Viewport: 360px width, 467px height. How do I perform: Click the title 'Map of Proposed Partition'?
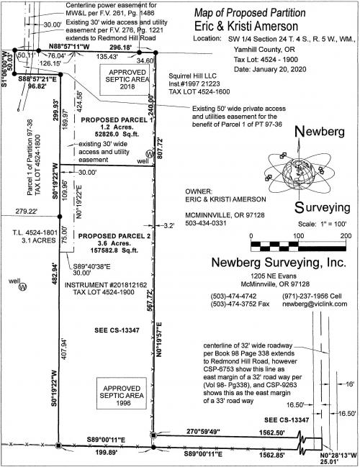[x=250, y=13]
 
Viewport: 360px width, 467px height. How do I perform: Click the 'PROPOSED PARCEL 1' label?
[x=117, y=120]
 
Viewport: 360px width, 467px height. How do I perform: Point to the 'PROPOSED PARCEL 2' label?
[x=114, y=236]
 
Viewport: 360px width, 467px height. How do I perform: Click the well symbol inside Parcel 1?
[x=149, y=154]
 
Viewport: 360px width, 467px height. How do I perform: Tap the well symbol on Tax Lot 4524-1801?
[x=22, y=286]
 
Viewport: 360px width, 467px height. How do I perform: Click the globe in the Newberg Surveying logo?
[x=299, y=172]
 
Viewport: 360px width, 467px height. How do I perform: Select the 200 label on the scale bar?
[x=346, y=236]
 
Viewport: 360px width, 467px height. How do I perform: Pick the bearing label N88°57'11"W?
[x=69, y=47]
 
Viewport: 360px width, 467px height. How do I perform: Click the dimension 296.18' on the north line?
[x=120, y=47]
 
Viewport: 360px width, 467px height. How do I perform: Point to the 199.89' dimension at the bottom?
[x=107, y=453]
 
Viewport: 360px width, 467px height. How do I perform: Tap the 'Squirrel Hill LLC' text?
[x=192, y=76]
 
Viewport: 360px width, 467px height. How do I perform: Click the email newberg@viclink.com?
[x=315, y=304]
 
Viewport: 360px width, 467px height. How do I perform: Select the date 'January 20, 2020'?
[x=279, y=69]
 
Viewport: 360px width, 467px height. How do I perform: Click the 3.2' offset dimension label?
[x=169, y=226]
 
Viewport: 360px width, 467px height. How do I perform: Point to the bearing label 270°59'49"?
[x=203, y=431]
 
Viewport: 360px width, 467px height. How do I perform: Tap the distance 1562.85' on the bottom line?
[x=271, y=455]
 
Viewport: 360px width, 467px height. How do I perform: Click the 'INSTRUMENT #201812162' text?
[x=106, y=285]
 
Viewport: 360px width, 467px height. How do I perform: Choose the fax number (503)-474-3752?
[x=240, y=304]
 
